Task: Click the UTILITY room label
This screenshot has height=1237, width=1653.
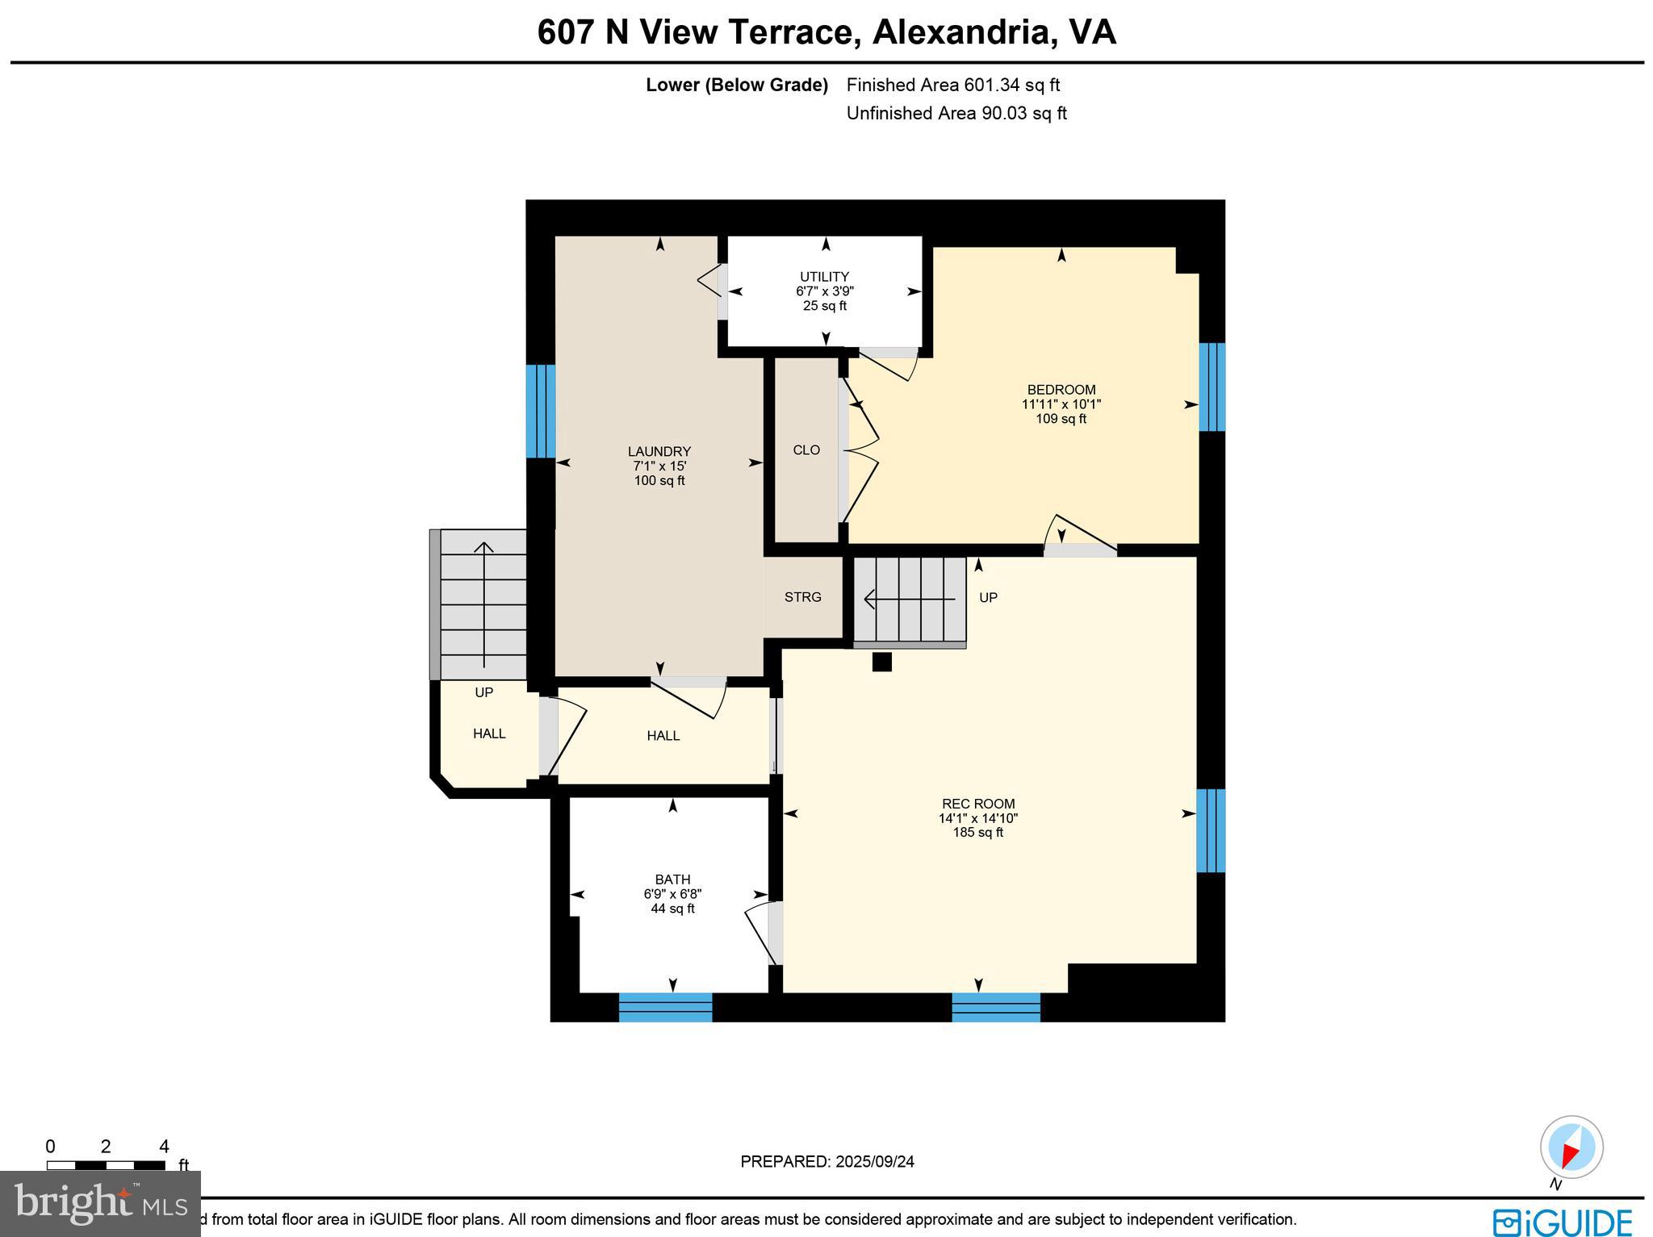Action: tap(824, 277)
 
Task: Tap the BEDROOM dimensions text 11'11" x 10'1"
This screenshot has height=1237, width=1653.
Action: tap(1061, 404)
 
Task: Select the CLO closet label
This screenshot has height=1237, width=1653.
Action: tap(806, 450)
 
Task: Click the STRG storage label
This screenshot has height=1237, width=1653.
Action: tap(802, 597)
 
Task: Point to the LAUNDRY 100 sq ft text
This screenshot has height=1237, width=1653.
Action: tap(659, 481)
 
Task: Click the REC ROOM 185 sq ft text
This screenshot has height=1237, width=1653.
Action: tap(977, 833)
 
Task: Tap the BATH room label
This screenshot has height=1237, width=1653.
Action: tap(672, 880)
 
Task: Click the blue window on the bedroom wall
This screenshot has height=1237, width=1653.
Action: tap(1212, 387)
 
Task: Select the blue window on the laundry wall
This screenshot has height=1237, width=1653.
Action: tap(541, 412)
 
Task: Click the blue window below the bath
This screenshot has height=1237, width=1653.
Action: tap(665, 1008)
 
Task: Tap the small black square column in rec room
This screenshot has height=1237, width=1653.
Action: tap(881, 662)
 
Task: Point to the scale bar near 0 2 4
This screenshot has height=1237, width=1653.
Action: tap(106, 1165)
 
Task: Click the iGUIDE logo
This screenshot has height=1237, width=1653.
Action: tap(1562, 1222)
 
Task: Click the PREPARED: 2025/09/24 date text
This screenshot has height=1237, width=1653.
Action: tap(826, 1162)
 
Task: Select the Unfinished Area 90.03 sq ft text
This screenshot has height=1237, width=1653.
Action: tap(956, 114)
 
